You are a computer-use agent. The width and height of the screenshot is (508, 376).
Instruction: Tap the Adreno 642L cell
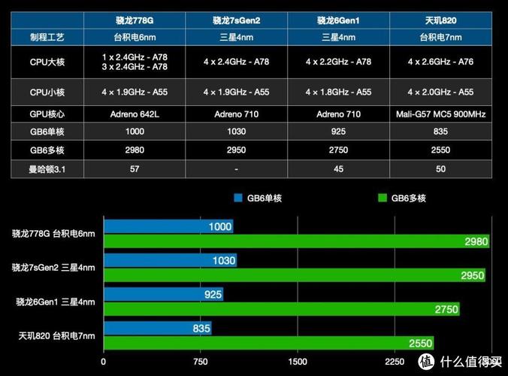(134, 114)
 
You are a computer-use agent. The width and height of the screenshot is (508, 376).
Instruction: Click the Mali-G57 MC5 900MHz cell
(441, 114)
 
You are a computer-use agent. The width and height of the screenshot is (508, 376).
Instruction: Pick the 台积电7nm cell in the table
(441, 36)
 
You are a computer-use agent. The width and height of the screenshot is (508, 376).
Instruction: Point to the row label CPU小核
(47, 92)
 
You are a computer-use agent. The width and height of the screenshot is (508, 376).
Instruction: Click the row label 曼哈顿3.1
(47, 168)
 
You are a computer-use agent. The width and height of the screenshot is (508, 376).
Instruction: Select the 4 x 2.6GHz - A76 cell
(441, 62)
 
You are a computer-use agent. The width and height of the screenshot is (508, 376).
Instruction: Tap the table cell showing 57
(134, 168)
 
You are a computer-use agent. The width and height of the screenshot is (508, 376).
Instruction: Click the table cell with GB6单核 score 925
(339, 132)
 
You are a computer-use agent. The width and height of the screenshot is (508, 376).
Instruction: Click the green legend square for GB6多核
(382, 199)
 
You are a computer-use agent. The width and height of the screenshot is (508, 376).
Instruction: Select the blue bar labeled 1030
(170, 260)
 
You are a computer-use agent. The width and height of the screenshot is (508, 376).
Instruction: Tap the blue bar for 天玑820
(157, 328)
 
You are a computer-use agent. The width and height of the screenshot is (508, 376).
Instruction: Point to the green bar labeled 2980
(297, 241)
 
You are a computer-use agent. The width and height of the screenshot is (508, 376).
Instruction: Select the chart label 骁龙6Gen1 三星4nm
(55, 302)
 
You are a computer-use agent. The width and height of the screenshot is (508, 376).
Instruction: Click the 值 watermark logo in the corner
(443, 361)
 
